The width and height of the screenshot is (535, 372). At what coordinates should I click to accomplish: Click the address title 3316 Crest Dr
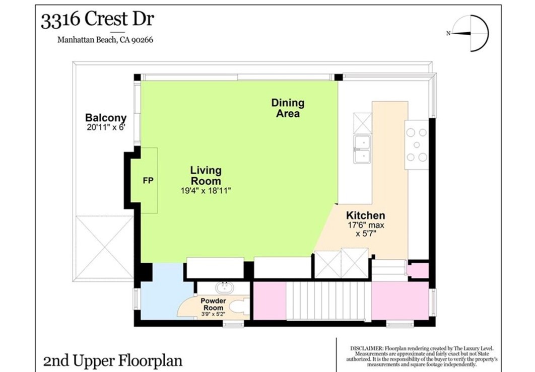pyautogui.click(x=98, y=20)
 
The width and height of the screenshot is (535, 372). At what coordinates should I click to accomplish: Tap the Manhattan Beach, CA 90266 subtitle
pyautogui.click(x=105, y=40)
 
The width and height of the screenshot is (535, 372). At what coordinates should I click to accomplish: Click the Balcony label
pyautogui.click(x=106, y=118)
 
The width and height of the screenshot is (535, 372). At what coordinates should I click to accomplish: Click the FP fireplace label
pyautogui.click(x=148, y=180)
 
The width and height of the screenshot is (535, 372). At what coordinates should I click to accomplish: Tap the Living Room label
pyautogui.click(x=206, y=175)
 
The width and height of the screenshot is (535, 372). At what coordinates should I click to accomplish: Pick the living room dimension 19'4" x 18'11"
pyautogui.click(x=206, y=191)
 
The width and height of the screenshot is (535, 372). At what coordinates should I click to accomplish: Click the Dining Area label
pyautogui.click(x=288, y=108)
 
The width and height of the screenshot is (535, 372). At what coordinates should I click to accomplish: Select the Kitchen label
pyautogui.click(x=365, y=215)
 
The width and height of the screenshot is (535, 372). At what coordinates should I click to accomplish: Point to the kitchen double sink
pyautogui.click(x=362, y=150)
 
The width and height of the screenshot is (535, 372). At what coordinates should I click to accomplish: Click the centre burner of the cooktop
pyautogui.click(x=417, y=145)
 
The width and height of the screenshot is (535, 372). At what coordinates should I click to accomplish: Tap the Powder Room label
pyautogui.click(x=213, y=304)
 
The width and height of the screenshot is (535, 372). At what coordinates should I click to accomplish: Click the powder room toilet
pyautogui.click(x=239, y=306)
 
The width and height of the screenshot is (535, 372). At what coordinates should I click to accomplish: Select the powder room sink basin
pyautogui.click(x=225, y=288)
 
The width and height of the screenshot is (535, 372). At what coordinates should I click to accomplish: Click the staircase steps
pyautogui.click(x=328, y=301)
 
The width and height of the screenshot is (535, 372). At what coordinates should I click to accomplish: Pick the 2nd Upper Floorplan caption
pyautogui.click(x=113, y=361)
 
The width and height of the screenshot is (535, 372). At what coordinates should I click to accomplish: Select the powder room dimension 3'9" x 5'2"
pyautogui.click(x=213, y=314)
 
